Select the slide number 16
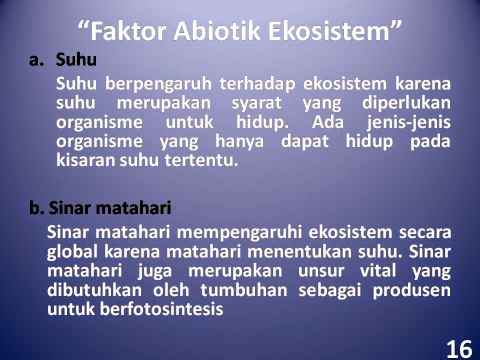459,349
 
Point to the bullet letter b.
36,208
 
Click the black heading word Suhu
76,59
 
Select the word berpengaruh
158,84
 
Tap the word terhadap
257,84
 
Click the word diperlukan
406,103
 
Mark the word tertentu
201,160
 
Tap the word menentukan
300,252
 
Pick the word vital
378,271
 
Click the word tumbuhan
243,290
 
